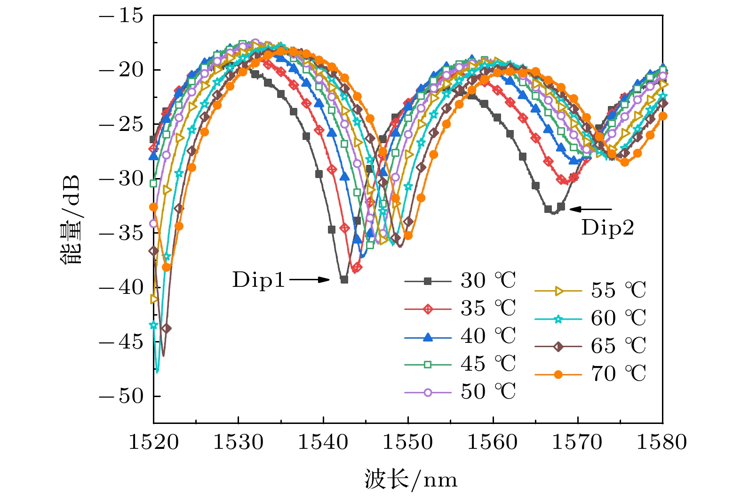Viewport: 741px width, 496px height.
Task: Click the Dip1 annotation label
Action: (259, 280)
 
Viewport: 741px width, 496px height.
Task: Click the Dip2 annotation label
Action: (607, 228)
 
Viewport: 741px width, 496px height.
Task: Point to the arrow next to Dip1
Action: (309, 280)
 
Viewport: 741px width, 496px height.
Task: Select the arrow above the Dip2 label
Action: (591, 209)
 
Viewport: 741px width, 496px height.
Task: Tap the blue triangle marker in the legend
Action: (428, 337)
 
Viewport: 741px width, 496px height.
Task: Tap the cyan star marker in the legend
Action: (558, 319)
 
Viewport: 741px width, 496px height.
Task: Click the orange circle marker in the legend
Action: (558, 374)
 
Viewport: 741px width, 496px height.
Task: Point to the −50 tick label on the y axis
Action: (121, 396)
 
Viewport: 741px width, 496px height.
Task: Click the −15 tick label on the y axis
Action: (121, 16)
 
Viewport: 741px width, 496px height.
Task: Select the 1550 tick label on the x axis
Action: (408, 442)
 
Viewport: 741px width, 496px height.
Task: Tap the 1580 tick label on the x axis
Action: (662, 442)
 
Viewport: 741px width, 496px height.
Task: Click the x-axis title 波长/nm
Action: (410, 480)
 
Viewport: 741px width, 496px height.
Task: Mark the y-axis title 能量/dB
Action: (71, 220)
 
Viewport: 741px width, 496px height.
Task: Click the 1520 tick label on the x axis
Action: (154, 442)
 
